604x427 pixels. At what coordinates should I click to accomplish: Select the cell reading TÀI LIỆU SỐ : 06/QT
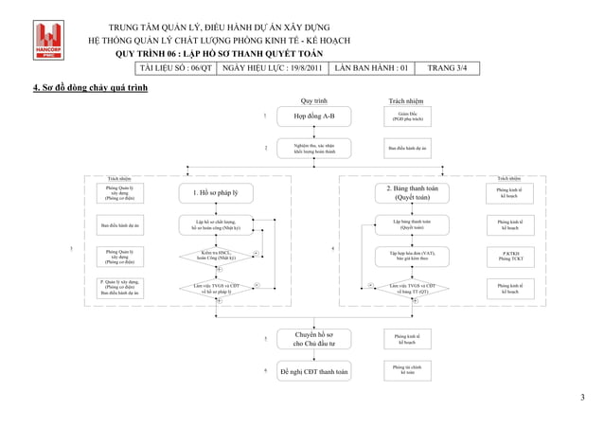point(177,68)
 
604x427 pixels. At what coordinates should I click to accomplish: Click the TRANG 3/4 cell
point(447,68)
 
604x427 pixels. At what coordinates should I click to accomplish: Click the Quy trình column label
point(313,99)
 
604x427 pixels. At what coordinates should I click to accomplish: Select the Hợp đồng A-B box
point(313,117)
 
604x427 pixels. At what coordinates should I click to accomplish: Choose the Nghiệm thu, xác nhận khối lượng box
point(313,149)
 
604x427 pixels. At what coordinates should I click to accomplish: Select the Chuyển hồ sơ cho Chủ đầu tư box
point(313,339)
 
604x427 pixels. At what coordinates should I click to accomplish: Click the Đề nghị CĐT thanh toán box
point(313,372)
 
